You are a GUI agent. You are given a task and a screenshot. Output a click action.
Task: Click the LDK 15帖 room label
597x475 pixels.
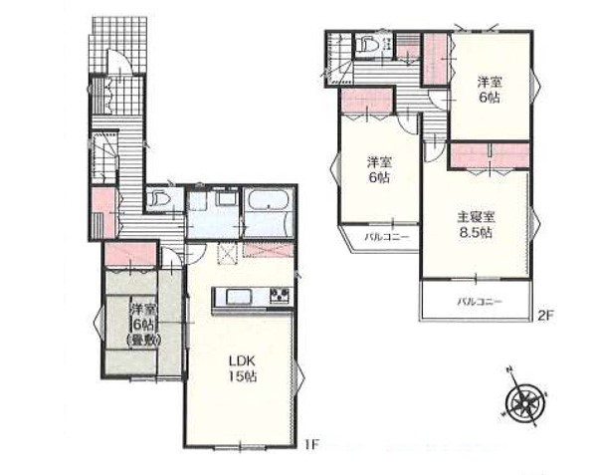[242, 368]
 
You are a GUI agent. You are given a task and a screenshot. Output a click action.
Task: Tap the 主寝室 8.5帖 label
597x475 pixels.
[476, 225]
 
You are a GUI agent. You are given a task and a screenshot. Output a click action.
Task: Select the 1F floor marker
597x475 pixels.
[310, 444]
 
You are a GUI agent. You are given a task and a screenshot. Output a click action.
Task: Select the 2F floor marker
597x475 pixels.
[545, 316]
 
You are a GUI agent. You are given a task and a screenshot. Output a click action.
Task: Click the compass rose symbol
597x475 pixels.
[524, 398]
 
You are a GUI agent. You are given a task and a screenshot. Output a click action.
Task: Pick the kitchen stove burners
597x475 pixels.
[280, 296]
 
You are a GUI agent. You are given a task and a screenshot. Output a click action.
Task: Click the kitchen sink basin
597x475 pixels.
[239, 297]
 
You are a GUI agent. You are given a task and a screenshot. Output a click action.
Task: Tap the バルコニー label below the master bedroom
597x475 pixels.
[480, 302]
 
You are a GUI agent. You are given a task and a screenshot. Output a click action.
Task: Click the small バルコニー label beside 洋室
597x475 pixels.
[386, 237]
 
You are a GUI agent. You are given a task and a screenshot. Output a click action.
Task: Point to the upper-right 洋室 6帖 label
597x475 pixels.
[490, 90]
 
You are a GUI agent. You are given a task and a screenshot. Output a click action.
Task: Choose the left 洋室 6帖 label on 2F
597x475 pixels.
[379, 170]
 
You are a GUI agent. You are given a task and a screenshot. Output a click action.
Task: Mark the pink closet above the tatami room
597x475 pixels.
[130, 253]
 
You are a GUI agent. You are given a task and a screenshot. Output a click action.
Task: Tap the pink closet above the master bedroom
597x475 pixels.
[490, 155]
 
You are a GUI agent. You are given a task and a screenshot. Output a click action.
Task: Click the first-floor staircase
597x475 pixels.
[103, 157]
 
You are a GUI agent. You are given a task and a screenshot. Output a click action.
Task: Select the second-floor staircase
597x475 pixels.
[340, 59]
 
